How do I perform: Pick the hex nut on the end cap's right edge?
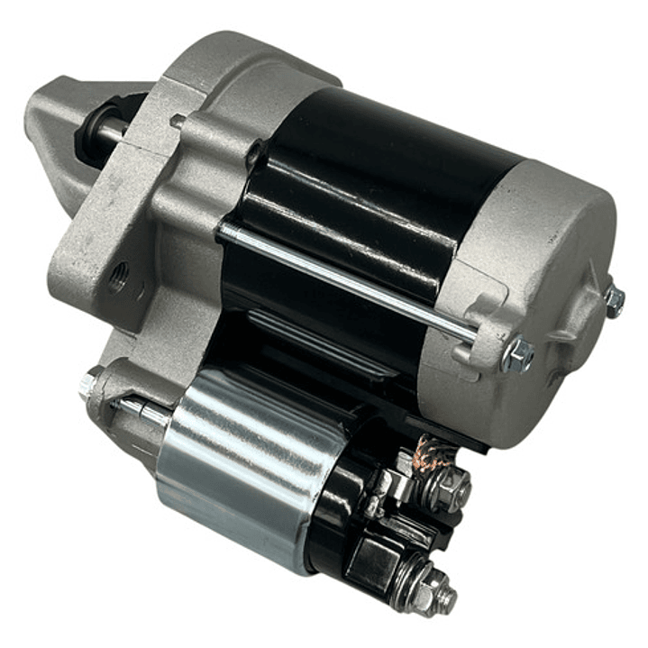(615, 301)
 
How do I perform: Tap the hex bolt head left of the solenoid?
(90, 386)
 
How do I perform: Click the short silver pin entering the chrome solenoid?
(149, 412)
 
